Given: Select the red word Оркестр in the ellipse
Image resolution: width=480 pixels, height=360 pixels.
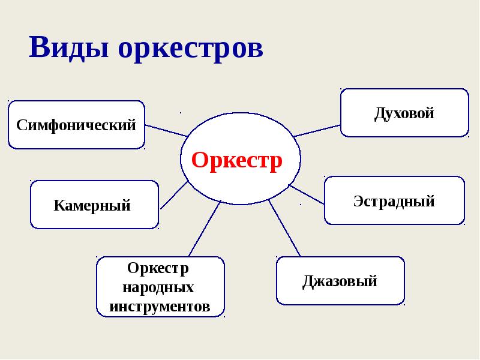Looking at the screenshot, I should point(237,161).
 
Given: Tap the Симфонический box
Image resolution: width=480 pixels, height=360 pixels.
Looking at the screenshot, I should point(76,125).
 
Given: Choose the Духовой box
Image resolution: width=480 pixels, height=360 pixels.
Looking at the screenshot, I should point(404,113).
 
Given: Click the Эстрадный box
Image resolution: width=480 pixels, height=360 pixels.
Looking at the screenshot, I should point(394,200).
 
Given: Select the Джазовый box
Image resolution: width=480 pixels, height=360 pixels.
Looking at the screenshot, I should point(340,281).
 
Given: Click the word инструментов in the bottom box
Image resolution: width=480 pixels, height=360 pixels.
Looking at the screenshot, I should point(160,307).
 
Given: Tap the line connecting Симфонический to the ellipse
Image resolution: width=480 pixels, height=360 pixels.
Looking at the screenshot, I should point(167,131).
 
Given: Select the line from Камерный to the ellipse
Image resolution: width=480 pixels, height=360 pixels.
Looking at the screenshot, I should point(174,195).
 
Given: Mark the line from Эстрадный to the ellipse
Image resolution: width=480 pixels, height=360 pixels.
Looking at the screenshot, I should point(307,194).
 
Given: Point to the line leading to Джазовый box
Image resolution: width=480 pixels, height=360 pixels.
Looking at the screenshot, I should point(284,229).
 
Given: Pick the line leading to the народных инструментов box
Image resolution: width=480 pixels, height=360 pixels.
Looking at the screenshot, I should point(205,229).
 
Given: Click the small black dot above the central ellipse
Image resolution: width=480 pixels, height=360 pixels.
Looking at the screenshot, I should point(181,112).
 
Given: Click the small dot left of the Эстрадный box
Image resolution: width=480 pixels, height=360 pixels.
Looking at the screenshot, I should point(300,205).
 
